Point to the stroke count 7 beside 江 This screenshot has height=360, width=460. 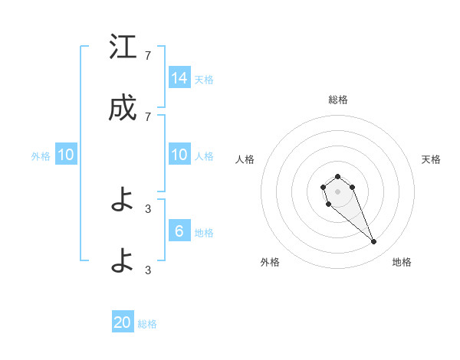point(148,55)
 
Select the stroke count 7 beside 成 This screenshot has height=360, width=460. point(148,116)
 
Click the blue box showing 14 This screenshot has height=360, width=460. point(179,78)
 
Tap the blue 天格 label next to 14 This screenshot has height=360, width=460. point(204,79)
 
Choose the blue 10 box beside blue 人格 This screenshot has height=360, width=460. point(179,155)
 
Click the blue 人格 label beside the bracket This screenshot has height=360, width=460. point(204,155)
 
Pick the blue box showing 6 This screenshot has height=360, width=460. point(179,231)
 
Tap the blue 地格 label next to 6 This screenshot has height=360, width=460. point(204,232)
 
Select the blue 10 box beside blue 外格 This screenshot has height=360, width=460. point(66,155)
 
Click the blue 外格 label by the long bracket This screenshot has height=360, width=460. point(41,155)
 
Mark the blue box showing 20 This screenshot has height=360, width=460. point(123,322)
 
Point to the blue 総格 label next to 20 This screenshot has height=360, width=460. point(147,324)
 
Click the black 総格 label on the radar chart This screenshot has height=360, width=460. point(338,100)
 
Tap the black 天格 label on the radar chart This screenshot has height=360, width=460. point(431,159)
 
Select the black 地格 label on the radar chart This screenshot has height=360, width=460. point(402,262)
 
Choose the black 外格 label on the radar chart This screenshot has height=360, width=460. point(270,262)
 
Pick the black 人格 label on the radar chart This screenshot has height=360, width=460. point(245,159)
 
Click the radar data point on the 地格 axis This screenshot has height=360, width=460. point(374,242)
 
